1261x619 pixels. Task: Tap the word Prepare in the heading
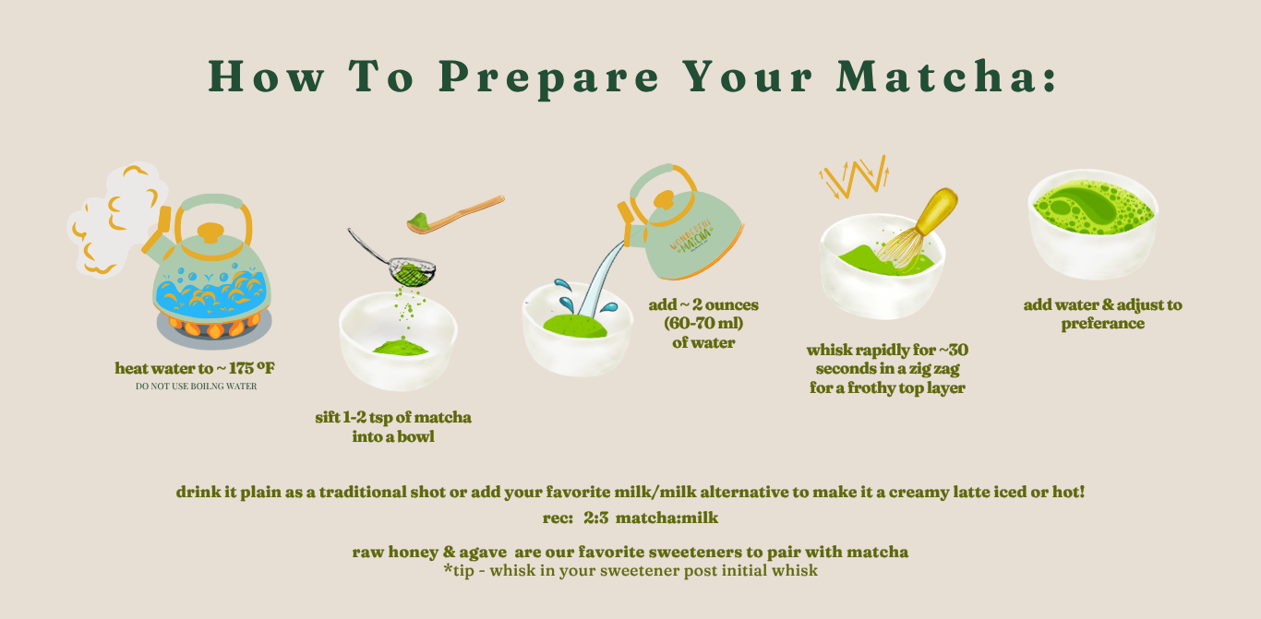click(x=549, y=78)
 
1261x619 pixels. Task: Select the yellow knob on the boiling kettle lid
click(x=211, y=232)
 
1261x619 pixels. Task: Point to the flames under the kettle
click(x=213, y=327)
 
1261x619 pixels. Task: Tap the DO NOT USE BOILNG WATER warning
click(x=196, y=387)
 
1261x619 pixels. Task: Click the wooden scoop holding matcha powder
click(x=456, y=214)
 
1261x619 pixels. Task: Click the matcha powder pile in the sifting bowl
click(x=401, y=347)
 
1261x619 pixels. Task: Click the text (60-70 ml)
click(x=703, y=324)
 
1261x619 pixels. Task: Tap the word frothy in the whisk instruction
click(x=871, y=388)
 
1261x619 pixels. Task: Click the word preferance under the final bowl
click(x=1103, y=324)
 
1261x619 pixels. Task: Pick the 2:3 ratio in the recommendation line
click(x=595, y=518)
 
